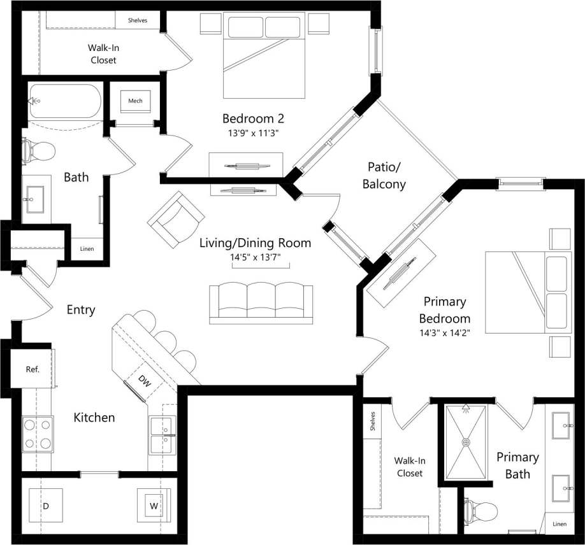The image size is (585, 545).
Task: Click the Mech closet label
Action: [135, 101]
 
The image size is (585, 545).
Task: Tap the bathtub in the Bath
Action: [64, 101]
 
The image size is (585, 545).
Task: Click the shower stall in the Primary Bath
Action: [466, 442]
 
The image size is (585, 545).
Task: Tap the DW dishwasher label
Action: [144, 381]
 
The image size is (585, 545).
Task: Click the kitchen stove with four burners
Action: [38, 434]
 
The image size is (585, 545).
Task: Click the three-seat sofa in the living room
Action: [261, 302]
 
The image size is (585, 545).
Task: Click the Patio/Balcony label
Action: [384, 175]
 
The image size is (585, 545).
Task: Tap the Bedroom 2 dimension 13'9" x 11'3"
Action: [253, 133]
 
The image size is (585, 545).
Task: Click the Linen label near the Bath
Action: [87, 248]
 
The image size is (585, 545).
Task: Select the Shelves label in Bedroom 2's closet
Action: [138, 20]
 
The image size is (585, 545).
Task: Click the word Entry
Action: [81, 310]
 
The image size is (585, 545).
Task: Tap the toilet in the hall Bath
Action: [38, 152]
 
